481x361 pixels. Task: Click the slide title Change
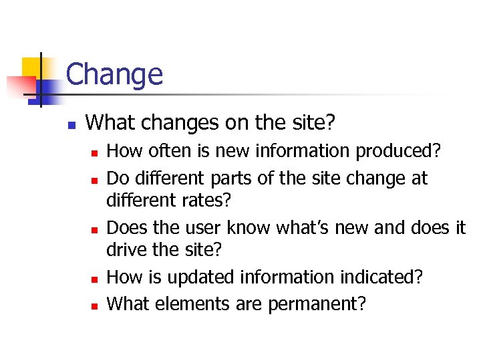[x=114, y=74]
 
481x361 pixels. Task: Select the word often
[x=163, y=152]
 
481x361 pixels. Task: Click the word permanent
[x=317, y=304]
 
